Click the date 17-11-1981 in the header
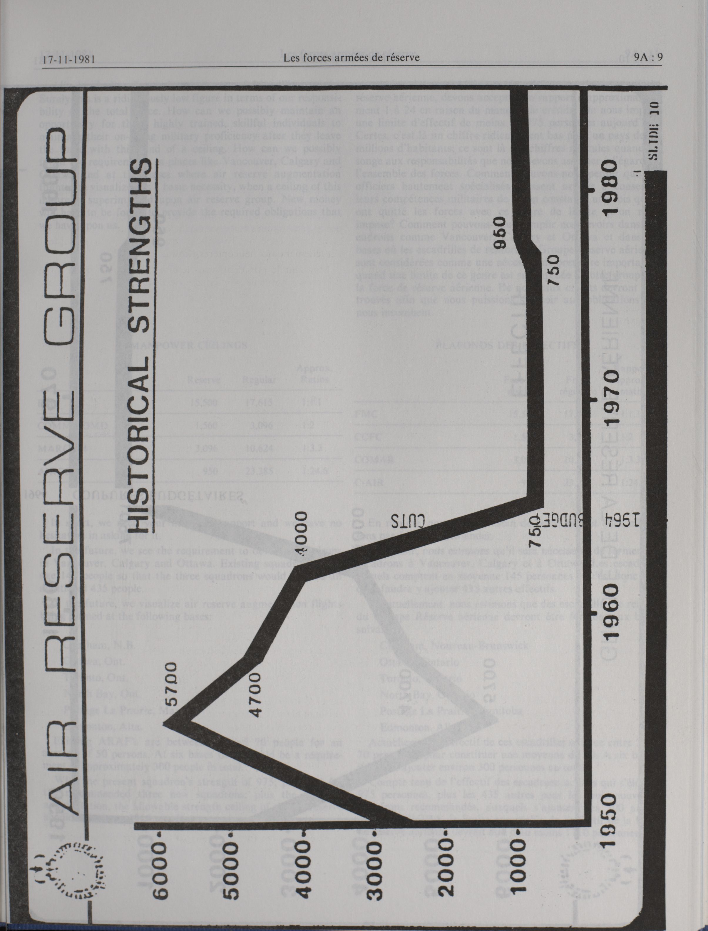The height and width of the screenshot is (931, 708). (68, 58)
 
